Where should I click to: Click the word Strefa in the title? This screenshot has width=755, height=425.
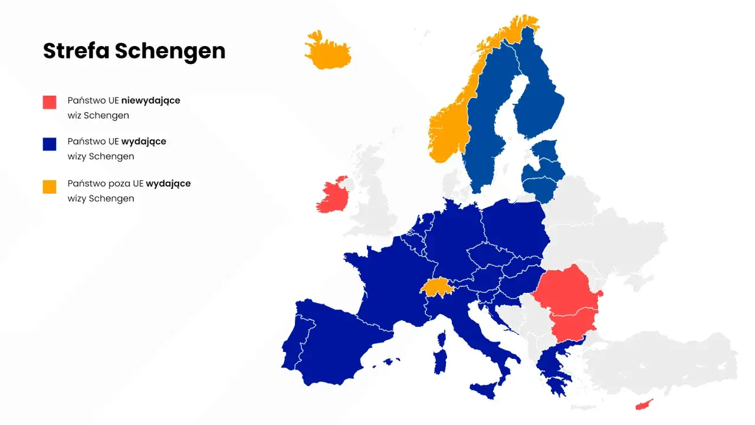point(76,51)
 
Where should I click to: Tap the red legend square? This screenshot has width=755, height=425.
point(50,102)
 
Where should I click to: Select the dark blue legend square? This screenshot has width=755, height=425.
point(50,143)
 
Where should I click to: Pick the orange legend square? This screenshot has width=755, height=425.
point(50,187)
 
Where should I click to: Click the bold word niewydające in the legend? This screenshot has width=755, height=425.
point(150,100)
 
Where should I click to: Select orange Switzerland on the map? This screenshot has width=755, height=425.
point(436,287)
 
